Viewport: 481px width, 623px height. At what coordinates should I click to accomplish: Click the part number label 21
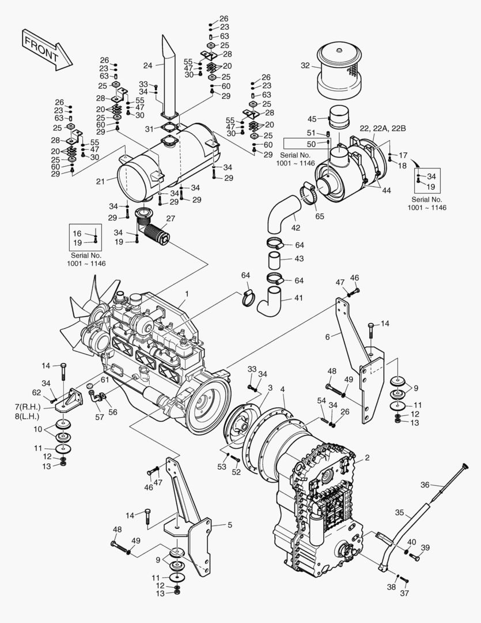point(100,181)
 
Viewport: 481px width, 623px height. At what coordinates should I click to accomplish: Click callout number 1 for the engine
point(186,294)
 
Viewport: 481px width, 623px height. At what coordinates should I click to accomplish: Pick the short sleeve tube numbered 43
point(276,260)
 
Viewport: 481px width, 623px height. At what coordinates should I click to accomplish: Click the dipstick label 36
point(425,484)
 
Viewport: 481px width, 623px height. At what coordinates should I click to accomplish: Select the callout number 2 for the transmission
point(366,459)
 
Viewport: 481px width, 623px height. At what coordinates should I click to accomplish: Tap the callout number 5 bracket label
point(229,525)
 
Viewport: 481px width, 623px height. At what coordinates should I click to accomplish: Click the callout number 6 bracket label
point(327,336)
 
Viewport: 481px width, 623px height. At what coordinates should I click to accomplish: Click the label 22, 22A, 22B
point(382,128)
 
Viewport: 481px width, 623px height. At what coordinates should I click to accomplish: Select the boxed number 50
point(311,144)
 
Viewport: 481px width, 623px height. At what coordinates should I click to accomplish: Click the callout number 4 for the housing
point(282,391)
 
